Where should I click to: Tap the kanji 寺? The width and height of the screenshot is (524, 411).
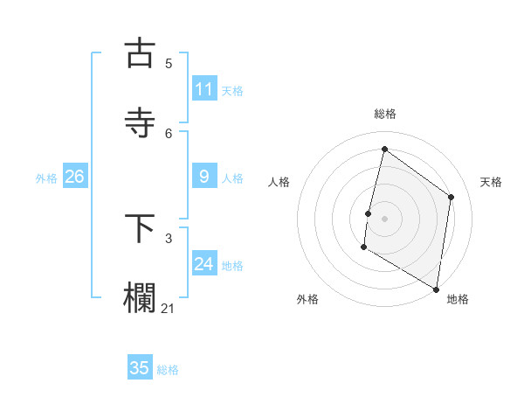coord(140,122)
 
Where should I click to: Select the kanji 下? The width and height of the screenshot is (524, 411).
coord(140,228)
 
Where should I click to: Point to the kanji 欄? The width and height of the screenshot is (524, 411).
coord(140,297)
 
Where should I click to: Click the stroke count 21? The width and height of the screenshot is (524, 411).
coord(169,308)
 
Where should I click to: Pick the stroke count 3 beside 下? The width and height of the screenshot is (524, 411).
coord(169,238)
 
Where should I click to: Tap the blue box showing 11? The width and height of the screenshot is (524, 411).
coord(204,89)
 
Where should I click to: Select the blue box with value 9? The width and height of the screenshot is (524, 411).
coord(204,177)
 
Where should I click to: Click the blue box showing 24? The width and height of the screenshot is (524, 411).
coord(204,264)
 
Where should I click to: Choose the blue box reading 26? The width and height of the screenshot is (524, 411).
coord(75,177)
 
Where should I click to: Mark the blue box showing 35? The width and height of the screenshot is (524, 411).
coord(140,368)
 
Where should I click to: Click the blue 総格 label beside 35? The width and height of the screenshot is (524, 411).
coord(168,370)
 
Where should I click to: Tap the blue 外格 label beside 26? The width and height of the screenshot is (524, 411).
coord(46,178)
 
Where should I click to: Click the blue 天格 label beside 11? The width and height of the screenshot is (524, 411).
coord(232,91)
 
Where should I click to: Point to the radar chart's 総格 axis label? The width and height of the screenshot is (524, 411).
coord(384,115)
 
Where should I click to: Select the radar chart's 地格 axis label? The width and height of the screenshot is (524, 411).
coord(458,300)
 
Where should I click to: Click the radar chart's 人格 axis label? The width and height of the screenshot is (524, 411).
coord(279,182)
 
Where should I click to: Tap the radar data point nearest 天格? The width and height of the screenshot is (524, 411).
coord(452,197)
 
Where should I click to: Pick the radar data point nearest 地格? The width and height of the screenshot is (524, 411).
coord(436,289)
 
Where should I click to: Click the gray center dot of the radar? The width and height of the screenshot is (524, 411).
coord(384,218)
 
